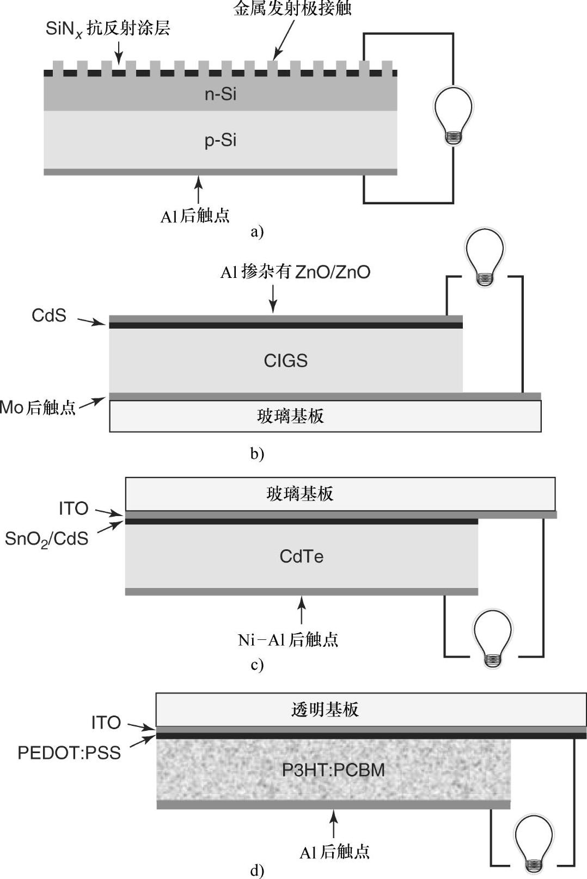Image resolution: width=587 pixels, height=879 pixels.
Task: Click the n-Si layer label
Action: (221, 94)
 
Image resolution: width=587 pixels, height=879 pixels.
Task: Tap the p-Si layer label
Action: (221, 141)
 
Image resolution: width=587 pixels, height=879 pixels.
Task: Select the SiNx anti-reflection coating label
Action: (108, 29)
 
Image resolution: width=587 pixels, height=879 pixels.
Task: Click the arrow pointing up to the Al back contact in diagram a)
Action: (199, 189)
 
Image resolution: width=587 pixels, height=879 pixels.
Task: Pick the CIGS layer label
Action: (285, 361)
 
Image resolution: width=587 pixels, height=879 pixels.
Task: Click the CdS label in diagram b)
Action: (49, 316)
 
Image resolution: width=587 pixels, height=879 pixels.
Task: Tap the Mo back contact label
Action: (38, 407)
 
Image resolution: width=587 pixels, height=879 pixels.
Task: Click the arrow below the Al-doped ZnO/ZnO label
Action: (273, 299)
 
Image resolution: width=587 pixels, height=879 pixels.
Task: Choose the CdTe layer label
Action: (301, 556)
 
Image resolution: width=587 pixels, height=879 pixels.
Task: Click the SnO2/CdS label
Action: (47, 539)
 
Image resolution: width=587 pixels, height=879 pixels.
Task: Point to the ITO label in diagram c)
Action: (74, 508)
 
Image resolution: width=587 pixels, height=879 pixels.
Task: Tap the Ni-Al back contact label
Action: (288, 639)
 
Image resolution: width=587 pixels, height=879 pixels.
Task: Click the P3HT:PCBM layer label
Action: (333, 770)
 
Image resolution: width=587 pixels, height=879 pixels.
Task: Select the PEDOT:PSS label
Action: (69, 753)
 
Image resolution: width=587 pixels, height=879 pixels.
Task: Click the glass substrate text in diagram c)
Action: (299, 494)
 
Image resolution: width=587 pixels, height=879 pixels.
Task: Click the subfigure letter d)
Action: (257, 871)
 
